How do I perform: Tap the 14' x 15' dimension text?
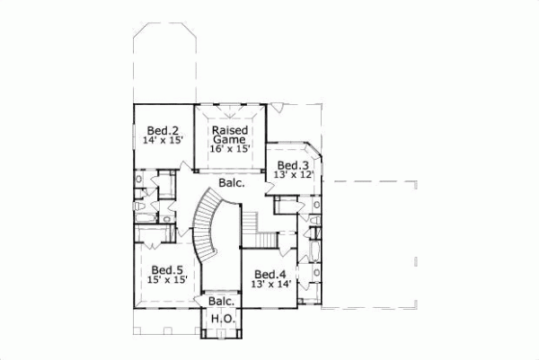163,141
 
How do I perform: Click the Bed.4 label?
269,275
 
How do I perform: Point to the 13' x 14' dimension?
269,285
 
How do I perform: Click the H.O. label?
221,319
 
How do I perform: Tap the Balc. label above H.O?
221,302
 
